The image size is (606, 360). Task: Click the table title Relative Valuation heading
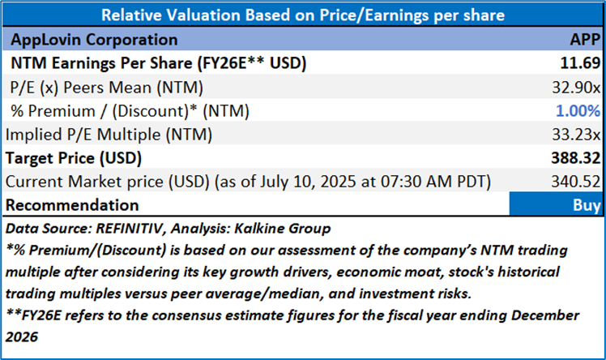tap(302, 14)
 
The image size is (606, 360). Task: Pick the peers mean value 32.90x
tap(577, 87)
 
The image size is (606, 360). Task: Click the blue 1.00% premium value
tap(579, 110)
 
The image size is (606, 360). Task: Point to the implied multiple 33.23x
tap(577, 135)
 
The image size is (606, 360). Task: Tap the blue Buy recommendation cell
tap(556, 204)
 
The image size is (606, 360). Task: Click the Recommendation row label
tap(74, 205)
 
